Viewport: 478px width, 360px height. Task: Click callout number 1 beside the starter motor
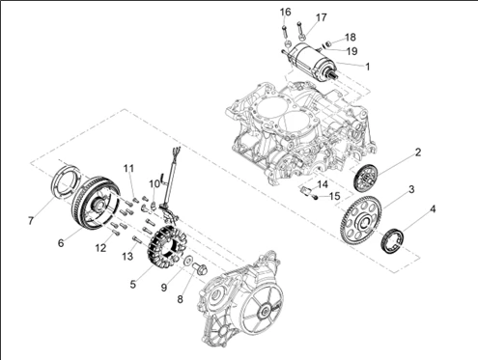coord(367,67)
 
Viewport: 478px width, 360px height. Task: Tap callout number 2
coord(417,152)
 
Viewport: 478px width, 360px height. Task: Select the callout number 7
coord(31,221)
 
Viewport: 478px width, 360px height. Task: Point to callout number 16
coord(285,13)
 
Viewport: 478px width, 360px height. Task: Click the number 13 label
coord(127,256)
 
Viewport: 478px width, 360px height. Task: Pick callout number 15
coord(334,196)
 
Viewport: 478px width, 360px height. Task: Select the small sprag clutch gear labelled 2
coord(366,178)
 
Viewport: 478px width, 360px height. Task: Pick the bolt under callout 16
coord(285,32)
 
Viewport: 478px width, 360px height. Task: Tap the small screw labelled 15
coord(316,197)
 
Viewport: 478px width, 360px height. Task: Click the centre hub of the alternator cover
coord(266,311)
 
